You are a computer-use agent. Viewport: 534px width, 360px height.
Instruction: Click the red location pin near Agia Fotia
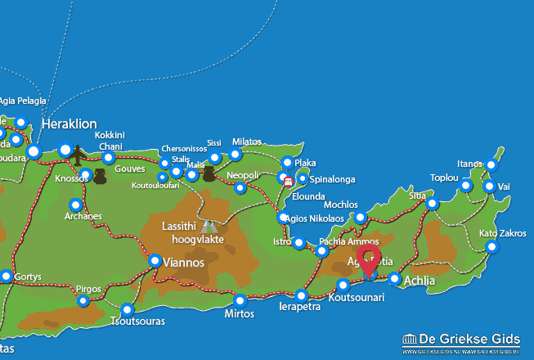click(368, 261)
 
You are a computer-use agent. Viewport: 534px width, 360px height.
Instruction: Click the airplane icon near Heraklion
click(79, 153)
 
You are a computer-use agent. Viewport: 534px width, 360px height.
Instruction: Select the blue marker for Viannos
click(155, 261)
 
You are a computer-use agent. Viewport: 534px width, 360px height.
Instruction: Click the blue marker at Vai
click(489, 187)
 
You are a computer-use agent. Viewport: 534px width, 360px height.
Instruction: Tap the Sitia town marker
click(433, 204)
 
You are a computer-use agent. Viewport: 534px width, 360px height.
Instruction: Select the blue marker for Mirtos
click(240, 299)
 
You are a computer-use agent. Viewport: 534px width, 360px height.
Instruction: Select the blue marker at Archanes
click(76, 205)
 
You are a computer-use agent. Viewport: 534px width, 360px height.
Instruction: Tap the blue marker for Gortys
click(7, 277)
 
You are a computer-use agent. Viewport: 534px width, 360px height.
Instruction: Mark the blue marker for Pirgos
click(83, 301)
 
